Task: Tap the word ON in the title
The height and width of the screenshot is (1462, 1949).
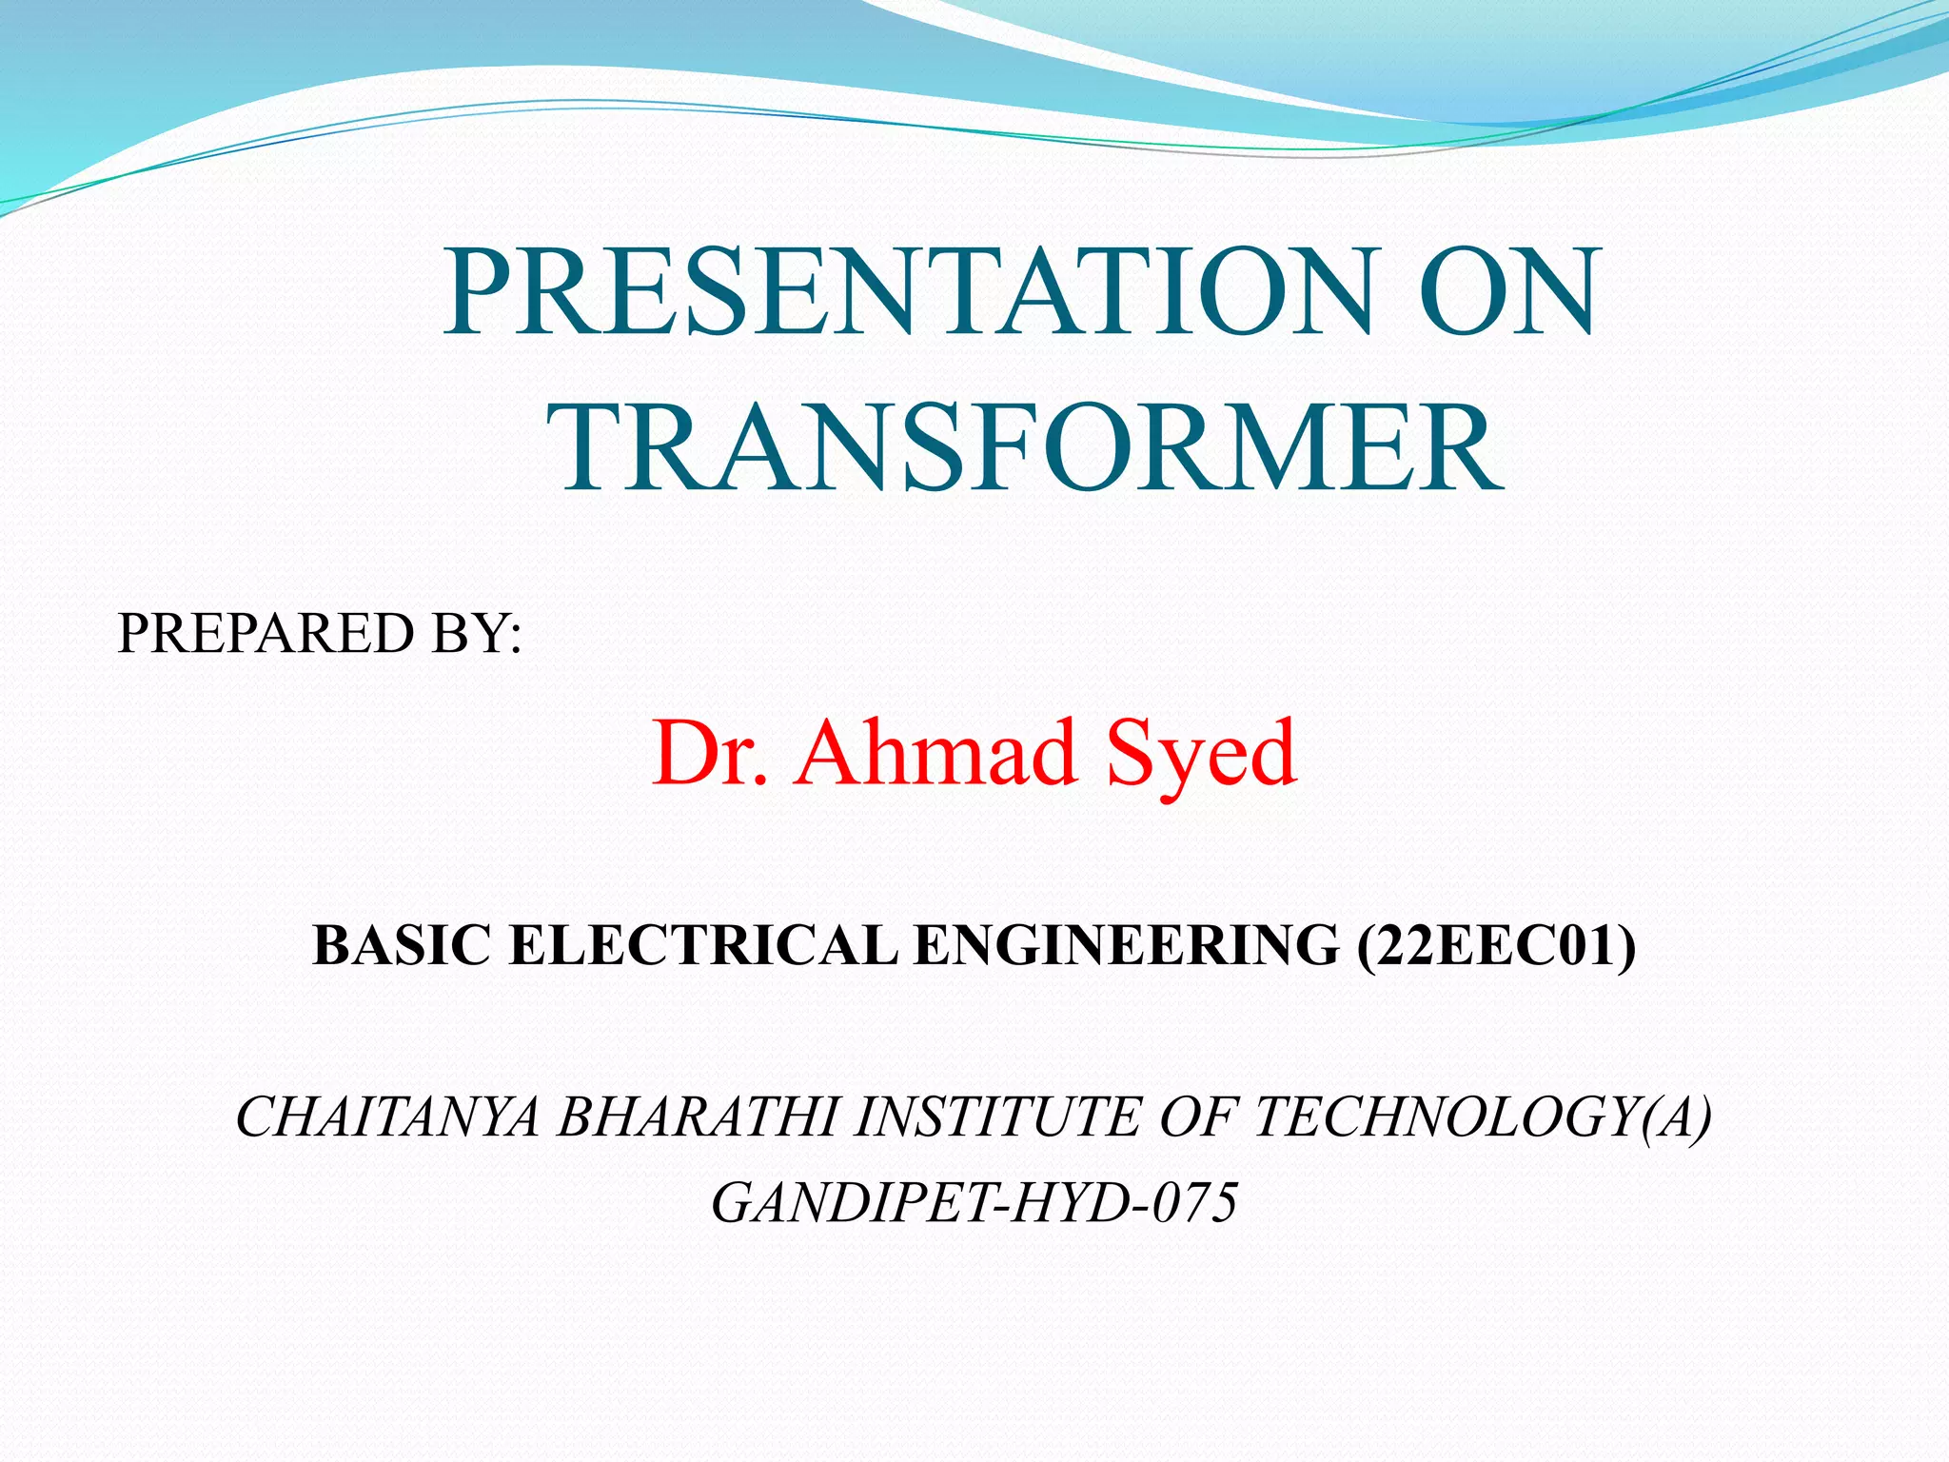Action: (1506, 292)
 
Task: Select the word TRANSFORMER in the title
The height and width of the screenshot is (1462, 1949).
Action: (1025, 448)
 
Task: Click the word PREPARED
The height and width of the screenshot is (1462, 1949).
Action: (266, 634)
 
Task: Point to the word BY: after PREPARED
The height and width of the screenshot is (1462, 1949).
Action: (476, 634)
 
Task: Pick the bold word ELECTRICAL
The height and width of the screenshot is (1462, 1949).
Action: (703, 946)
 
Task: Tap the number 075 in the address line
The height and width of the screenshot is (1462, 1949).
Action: (1195, 1203)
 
